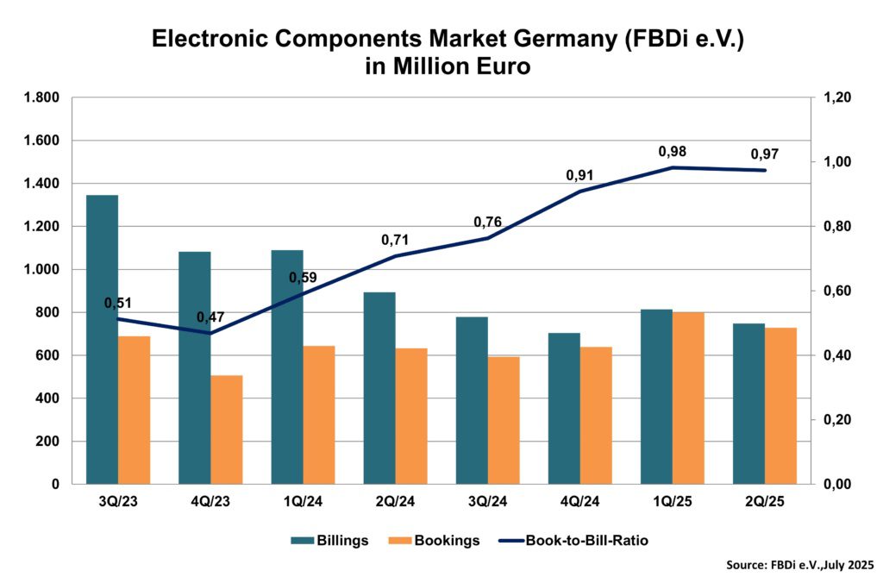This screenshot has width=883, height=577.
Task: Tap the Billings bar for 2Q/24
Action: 379,388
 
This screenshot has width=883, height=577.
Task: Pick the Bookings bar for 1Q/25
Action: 688,398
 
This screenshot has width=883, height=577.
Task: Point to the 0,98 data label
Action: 673,152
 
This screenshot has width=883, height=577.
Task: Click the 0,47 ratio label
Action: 210,317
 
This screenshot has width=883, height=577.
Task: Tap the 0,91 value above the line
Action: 579,175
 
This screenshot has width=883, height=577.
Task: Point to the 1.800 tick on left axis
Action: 41,97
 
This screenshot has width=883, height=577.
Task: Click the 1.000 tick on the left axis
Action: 41,269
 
